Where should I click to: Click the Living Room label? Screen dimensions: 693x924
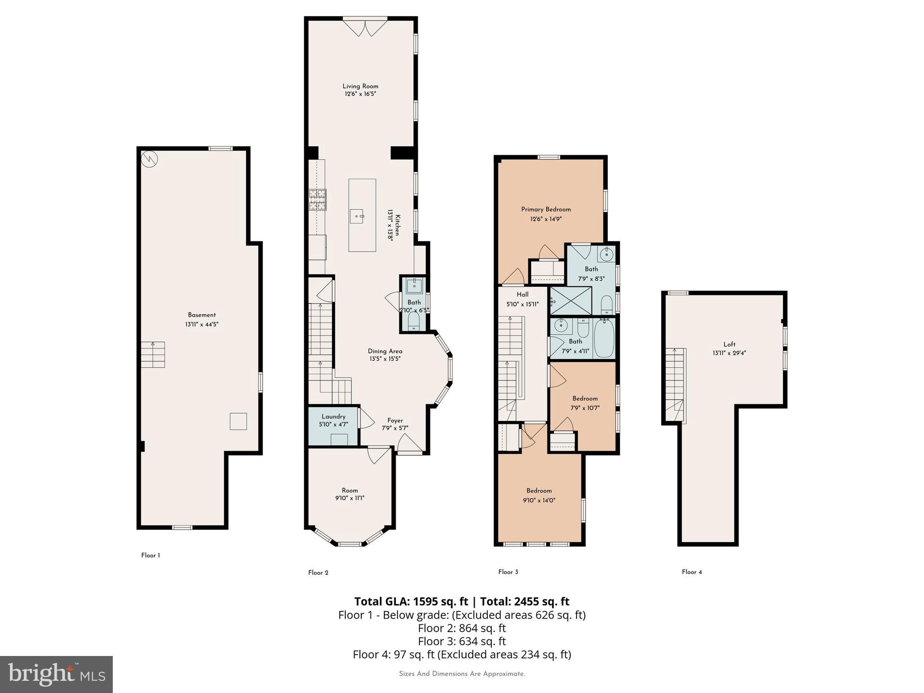click(x=360, y=86)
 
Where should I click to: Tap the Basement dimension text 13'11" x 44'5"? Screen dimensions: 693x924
click(x=202, y=324)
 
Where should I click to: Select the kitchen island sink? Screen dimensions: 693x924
click(x=360, y=216)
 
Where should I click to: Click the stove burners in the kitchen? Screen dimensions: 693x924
click(x=317, y=200)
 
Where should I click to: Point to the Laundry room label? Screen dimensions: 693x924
click(x=333, y=416)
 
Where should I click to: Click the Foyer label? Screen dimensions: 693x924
click(x=395, y=420)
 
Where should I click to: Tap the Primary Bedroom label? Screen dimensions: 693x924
click(x=546, y=209)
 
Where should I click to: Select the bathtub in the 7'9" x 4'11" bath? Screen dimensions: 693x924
click(x=604, y=337)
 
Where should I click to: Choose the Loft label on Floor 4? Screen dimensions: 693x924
click(x=729, y=344)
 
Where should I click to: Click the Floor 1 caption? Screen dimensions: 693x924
click(x=150, y=555)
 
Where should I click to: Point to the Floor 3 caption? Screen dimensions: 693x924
click(x=508, y=572)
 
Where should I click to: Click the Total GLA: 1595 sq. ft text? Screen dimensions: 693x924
click(x=411, y=601)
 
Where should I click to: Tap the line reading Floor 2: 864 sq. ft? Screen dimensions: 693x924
click(x=462, y=628)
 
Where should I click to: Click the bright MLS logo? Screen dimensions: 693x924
click(x=56, y=674)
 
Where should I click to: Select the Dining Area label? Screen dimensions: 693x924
click(x=385, y=351)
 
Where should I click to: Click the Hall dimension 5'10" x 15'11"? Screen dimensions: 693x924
click(x=522, y=304)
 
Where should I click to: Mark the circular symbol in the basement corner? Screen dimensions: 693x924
click(x=149, y=159)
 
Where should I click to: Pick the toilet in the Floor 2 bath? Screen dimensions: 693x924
click(x=413, y=321)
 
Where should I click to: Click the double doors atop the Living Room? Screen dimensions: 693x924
click(x=365, y=27)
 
